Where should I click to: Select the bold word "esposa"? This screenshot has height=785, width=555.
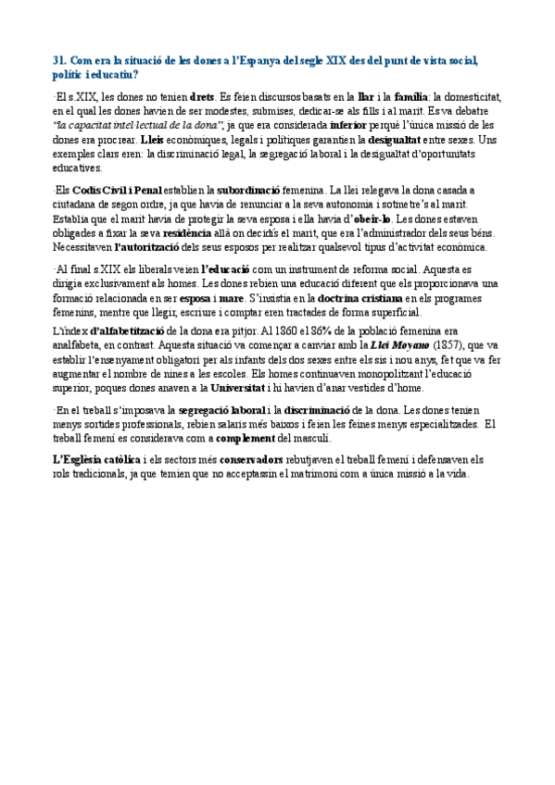point(193,299)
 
